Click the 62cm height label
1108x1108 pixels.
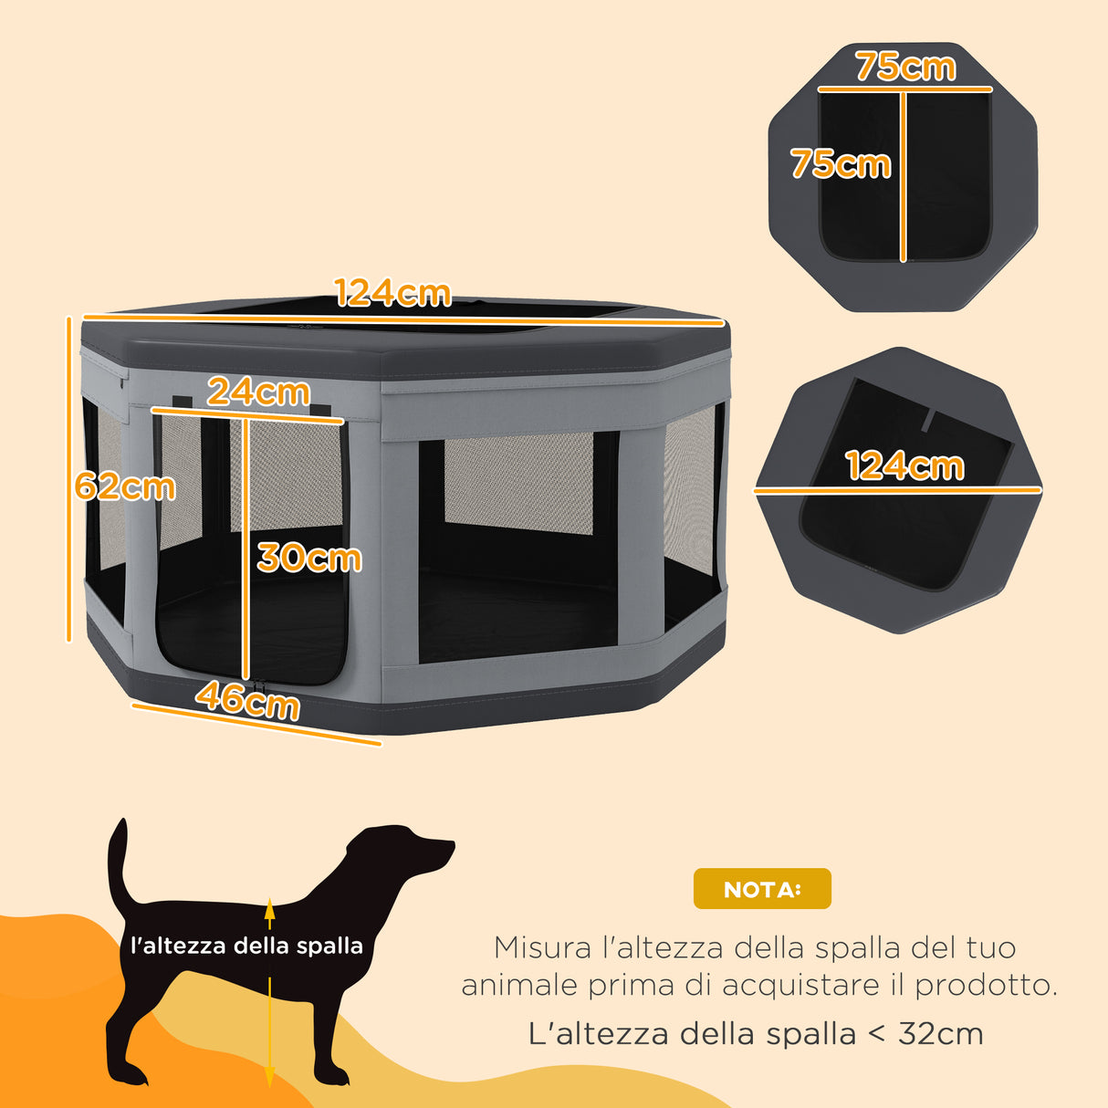point(125,486)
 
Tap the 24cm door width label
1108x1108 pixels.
point(258,392)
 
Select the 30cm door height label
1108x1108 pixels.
point(309,558)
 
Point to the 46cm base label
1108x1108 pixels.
point(247,701)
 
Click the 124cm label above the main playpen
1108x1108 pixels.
point(392,293)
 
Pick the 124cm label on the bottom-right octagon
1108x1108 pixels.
point(904,466)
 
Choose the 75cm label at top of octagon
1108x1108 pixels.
point(905,67)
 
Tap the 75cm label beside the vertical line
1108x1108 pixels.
point(841,164)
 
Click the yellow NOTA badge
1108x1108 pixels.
point(762,889)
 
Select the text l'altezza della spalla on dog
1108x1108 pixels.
point(246,946)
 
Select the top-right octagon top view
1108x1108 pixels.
point(903,178)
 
